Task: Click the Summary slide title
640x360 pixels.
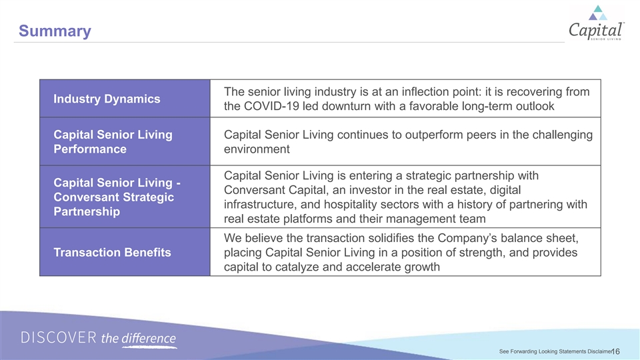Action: (x=55, y=31)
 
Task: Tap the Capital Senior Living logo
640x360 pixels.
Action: (x=596, y=23)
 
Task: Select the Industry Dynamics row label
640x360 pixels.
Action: (x=107, y=99)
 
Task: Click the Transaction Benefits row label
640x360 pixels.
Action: (x=112, y=252)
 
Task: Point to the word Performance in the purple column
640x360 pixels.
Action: (x=90, y=149)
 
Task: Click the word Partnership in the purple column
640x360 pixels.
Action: (x=87, y=211)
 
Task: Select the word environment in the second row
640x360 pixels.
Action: (x=257, y=149)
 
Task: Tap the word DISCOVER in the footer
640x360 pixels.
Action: (x=59, y=338)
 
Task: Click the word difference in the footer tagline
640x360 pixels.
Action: (x=149, y=339)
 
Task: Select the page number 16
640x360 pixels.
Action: (x=616, y=351)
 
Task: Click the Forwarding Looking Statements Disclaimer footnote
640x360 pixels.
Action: (x=556, y=351)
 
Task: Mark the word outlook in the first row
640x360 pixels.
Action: (x=535, y=106)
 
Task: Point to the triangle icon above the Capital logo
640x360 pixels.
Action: (x=597, y=13)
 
